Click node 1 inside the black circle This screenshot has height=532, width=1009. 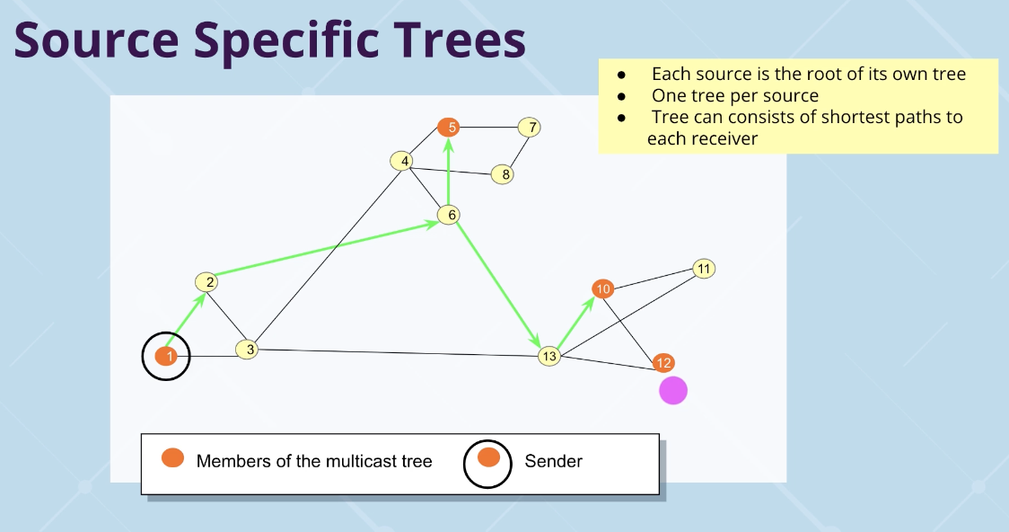[165, 357]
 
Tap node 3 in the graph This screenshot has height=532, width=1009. [248, 350]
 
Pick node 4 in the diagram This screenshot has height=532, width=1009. [403, 162]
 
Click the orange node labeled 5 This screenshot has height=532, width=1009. [450, 127]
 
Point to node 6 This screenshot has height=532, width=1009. [449, 215]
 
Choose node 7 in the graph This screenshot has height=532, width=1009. [531, 127]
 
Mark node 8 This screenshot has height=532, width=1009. [504, 174]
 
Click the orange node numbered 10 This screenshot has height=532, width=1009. [603, 288]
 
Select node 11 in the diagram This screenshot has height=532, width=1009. [704, 269]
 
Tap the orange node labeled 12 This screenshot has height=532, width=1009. [663, 363]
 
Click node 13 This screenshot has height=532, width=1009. [549, 357]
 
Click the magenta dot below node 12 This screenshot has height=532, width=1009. [673, 390]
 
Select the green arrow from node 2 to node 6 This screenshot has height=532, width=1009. [328, 249]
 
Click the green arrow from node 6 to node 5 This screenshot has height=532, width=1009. [449, 171]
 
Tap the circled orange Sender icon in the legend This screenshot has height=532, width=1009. [488, 458]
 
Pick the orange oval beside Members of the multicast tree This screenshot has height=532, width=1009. [172, 458]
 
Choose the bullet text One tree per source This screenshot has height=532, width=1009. [734, 96]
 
